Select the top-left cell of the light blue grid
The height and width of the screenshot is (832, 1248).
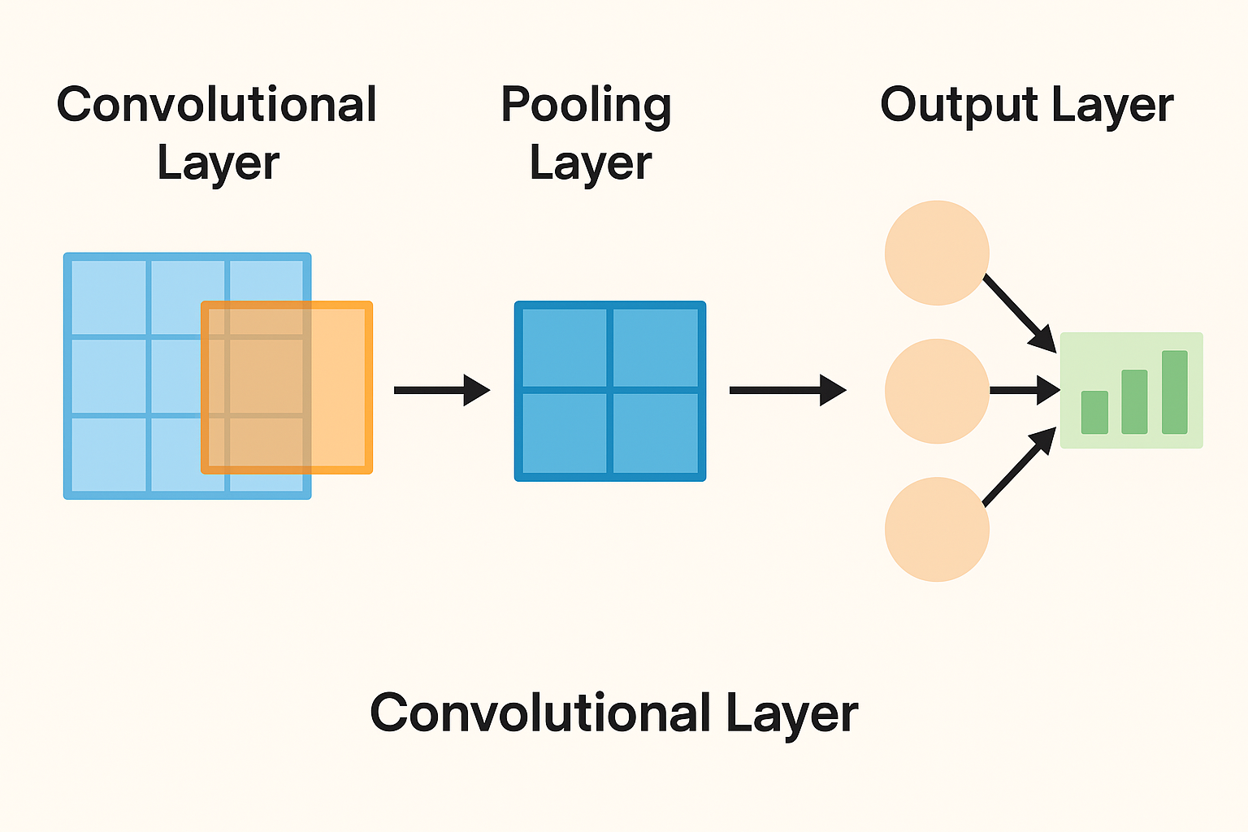[109, 297]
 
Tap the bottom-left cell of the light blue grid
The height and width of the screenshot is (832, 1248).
[109, 454]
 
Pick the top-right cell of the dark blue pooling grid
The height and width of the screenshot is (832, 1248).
[655, 348]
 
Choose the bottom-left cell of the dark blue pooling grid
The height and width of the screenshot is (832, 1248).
[564, 433]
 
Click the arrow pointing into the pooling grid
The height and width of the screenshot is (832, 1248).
[441, 390]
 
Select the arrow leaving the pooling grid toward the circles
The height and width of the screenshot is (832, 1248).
[786, 390]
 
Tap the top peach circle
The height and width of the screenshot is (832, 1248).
[937, 253]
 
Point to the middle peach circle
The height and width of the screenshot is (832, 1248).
[937, 391]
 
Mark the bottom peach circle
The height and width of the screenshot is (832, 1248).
[937, 529]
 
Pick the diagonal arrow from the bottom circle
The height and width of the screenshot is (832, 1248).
[1019, 467]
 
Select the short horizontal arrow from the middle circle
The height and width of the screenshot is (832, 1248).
[1024, 391]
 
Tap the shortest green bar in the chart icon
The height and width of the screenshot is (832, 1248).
[1094, 412]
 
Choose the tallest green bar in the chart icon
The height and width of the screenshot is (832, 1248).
[1175, 392]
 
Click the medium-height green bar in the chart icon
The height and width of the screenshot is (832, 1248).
[1134, 401]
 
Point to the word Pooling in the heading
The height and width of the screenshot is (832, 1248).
[586, 106]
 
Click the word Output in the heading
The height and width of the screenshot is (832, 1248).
[959, 106]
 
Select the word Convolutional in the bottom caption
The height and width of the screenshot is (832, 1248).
[540, 713]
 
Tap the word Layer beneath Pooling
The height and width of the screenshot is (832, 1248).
[591, 163]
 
